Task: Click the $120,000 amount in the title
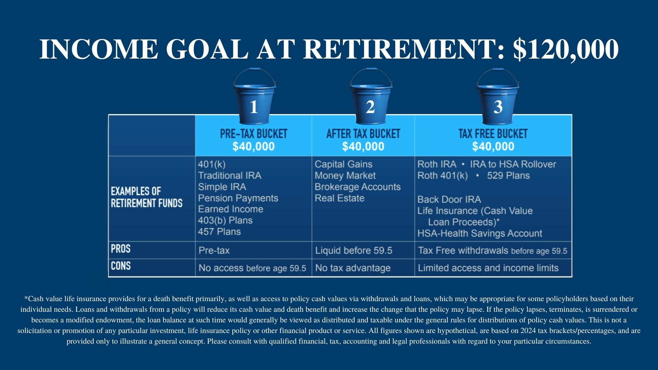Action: [x=565, y=49]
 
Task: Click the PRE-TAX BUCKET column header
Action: [x=254, y=134]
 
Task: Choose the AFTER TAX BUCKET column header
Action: [x=363, y=134]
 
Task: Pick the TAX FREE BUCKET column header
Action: [x=493, y=134]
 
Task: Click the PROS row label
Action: [x=121, y=248]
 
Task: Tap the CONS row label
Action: [x=121, y=266]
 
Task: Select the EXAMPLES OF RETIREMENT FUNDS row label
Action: [x=146, y=197]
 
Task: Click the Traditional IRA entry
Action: [x=230, y=175]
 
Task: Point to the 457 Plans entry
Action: [x=219, y=232]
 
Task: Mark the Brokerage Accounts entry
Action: [x=357, y=187]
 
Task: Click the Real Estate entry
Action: [x=339, y=198]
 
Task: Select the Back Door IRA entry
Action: [x=449, y=199]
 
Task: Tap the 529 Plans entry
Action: [x=508, y=175]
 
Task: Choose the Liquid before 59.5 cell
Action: [x=354, y=250]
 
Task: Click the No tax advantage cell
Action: [x=353, y=268]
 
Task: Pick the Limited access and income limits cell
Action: [x=488, y=268]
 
